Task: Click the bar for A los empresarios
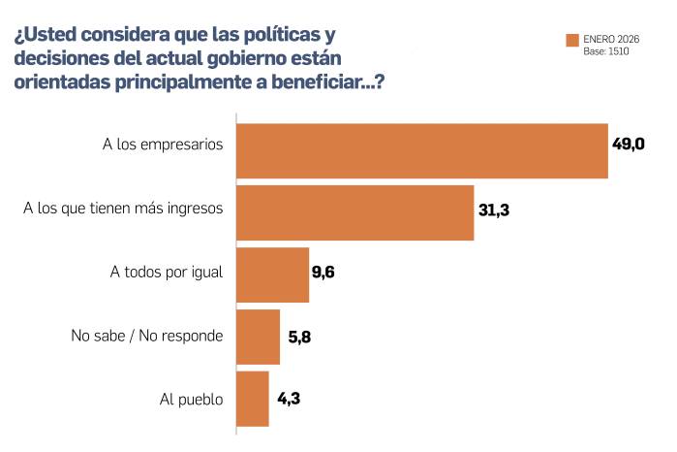coord(421,151)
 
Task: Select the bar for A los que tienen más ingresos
coord(354,212)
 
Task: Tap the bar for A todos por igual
coord(272,274)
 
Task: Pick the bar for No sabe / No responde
coord(258,337)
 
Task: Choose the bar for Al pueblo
coord(253,399)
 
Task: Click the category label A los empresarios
coord(163,145)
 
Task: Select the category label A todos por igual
coord(167,272)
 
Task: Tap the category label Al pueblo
coord(191,399)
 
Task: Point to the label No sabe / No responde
coord(147,337)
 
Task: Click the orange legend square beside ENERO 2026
coord(571,40)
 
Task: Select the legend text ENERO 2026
coord(612,39)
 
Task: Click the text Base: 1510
coord(609,50)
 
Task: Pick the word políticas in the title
coord(259,35)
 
